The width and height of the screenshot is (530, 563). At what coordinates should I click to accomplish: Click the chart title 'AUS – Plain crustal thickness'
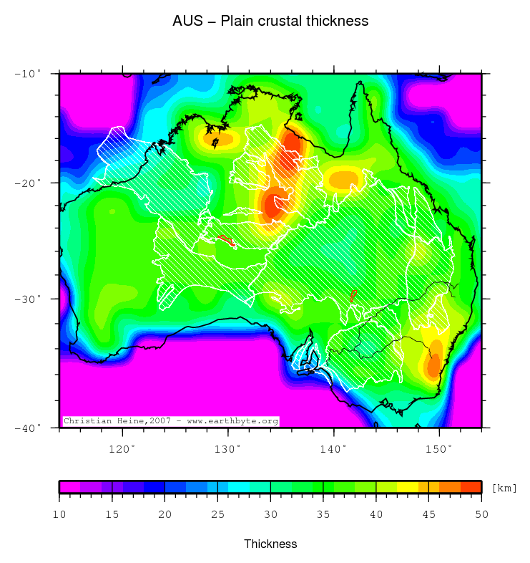[270, 21]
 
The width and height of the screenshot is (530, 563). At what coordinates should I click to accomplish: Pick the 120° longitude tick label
[122, 448]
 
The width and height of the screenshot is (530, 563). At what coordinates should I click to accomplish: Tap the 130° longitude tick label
[228, 448]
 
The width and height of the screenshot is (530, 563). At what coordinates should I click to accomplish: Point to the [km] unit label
[504, 488]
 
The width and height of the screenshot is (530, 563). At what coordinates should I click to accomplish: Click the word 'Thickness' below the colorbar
[270, 544]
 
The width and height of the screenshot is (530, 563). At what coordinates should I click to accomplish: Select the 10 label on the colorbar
[59, 514]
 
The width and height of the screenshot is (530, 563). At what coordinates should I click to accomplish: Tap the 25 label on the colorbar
[217, 514]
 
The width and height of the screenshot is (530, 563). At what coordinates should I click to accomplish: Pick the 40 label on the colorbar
[376, 514]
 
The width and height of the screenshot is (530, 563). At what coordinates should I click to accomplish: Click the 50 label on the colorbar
[481, 514]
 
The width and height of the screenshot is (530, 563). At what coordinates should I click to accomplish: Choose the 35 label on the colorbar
[323, 514]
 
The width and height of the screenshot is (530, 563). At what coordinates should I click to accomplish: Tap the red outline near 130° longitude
[226, 240]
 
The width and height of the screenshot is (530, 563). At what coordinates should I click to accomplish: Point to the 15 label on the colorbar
[112, 514]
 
